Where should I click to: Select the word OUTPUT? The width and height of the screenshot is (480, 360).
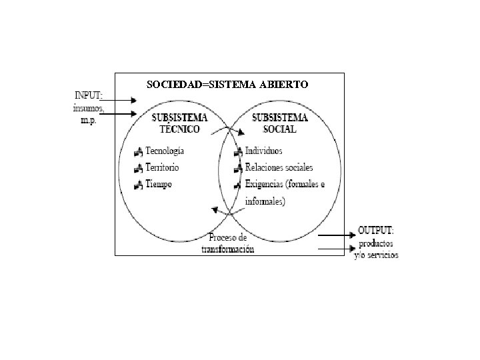375,230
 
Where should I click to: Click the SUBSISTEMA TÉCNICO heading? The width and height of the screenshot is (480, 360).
180,122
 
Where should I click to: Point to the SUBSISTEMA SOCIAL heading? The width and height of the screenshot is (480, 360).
280,122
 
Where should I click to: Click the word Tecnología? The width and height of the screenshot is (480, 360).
165,151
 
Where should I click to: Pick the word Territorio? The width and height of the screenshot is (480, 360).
162,167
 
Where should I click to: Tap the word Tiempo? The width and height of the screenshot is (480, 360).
158,183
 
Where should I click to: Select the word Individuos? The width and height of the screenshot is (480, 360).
264,151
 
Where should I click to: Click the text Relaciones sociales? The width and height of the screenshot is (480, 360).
279,167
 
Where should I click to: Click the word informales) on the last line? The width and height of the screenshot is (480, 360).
265,201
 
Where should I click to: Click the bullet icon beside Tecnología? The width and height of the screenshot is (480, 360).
138,151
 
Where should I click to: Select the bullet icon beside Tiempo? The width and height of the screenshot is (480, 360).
138,184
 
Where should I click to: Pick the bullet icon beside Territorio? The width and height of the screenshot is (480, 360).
138,167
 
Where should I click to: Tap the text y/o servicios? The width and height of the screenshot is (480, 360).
377,255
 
